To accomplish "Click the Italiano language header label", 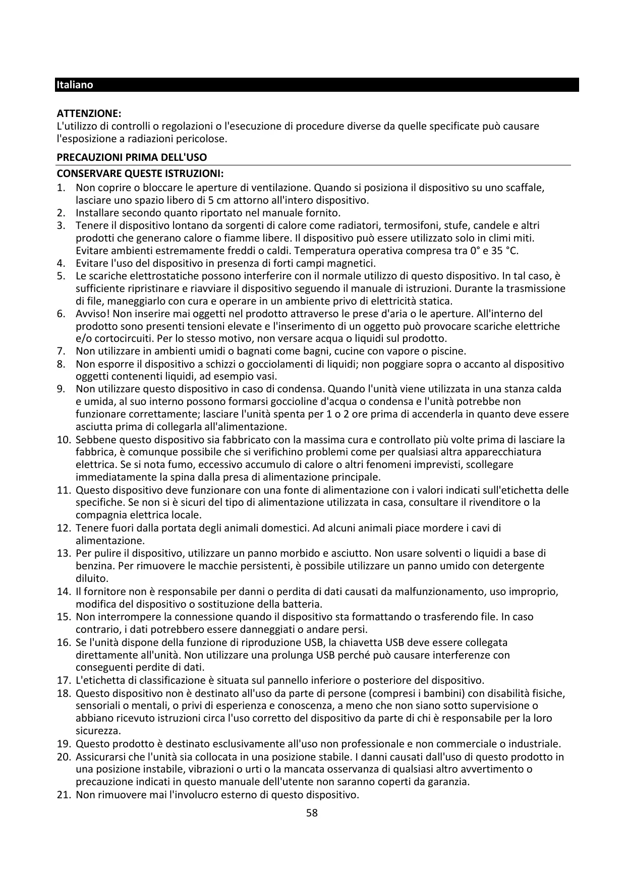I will (x=75, y=85).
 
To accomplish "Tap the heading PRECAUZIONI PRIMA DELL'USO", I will (x=131, y=158).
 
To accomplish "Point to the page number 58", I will (x=312, y=813).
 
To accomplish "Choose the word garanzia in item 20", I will (x=449, y=782).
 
